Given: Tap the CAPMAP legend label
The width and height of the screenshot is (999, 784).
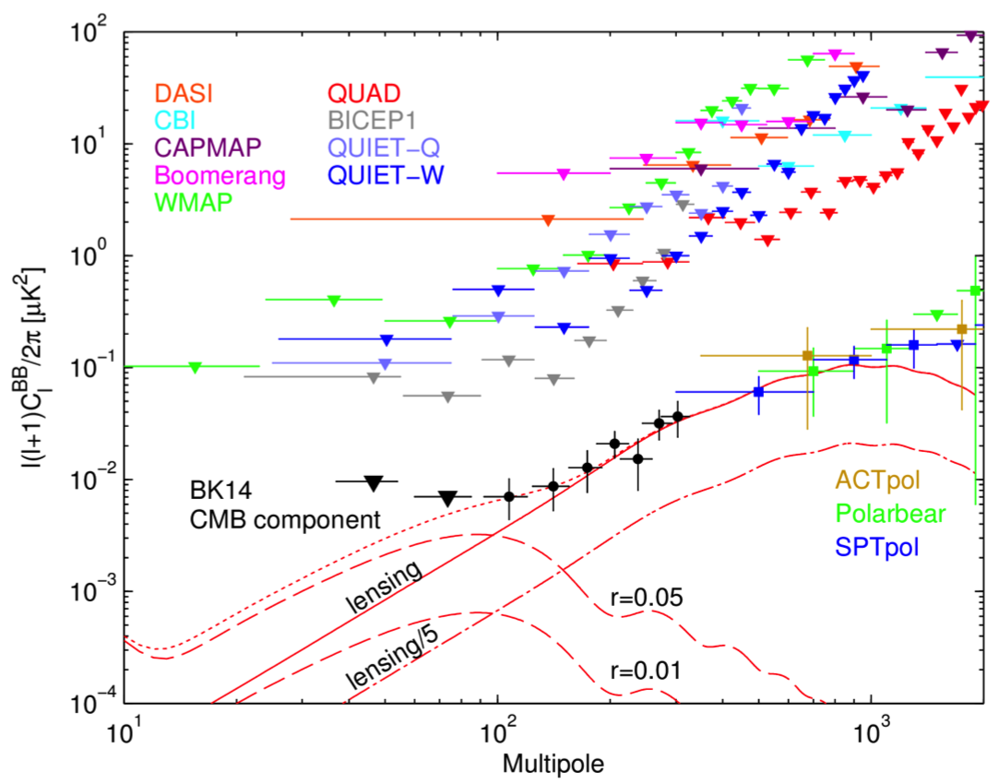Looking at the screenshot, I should click(x=209, y=148).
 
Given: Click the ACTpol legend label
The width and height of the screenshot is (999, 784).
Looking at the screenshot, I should click(x=877, y=481).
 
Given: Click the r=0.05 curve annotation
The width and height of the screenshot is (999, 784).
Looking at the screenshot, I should click(x=647, y=598).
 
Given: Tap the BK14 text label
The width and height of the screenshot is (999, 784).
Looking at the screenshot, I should click(x=224, y=492).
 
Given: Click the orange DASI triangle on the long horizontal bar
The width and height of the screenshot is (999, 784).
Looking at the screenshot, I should click(x=548, y=220).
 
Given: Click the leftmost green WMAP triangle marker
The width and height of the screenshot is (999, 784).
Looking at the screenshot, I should click(x=196, y=367).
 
